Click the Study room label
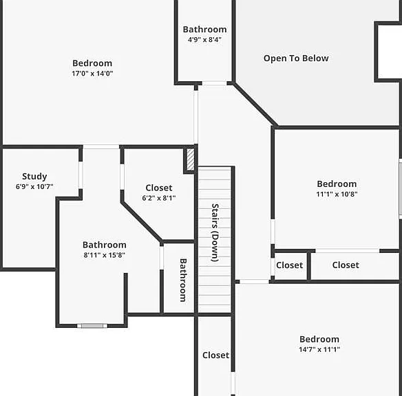click(34, 177)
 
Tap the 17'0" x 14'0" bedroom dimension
click(92, 74)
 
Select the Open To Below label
click(296, 58)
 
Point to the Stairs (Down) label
click(215, 232)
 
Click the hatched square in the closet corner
click(190, 159)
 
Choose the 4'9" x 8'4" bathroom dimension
click(204, 40)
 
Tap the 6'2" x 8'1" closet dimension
click(159, 198)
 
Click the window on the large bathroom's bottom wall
click(92, 326)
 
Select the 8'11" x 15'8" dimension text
click(105, 255)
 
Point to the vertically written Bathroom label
click(183, 280)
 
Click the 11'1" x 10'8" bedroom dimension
click(337, 194)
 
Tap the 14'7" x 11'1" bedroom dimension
click(319, 349)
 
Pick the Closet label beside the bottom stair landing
click(215, 355)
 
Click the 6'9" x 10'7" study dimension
click(34, 186)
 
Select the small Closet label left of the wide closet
click(289, 265)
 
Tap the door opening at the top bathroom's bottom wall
click(214, 83)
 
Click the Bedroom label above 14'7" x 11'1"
click(319, 339)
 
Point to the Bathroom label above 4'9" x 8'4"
click(204, 30)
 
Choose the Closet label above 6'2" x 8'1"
click(159, 188)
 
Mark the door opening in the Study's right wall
click(81, 175)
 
